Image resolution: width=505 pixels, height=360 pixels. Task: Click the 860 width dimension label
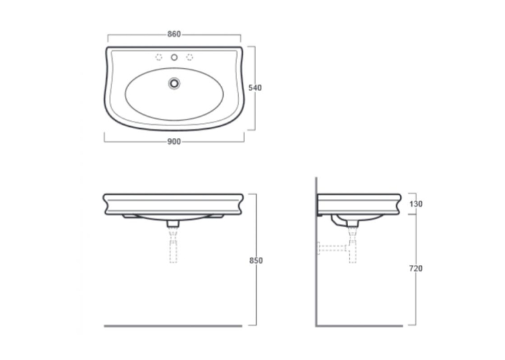click(174, 34)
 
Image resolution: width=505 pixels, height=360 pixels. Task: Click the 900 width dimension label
click(174, 141)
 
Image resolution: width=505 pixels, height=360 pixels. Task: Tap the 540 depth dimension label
click(255, 88)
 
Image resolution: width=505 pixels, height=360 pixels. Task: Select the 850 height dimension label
click(256, 260)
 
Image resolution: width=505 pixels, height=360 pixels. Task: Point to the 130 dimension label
click(416, 203)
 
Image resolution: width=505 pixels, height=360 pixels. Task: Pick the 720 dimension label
click(416, 268)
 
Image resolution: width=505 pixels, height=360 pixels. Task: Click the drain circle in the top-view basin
click(174, 83)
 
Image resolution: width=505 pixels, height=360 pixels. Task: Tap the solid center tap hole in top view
click(174, 57)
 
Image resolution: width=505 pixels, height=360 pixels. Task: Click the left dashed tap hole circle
click(159, 57)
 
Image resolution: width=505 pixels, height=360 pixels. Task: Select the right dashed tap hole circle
click(189, 57)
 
